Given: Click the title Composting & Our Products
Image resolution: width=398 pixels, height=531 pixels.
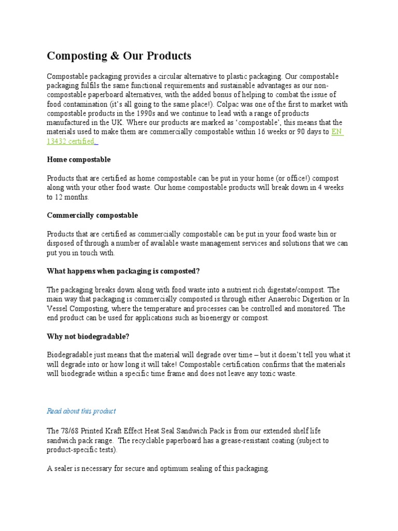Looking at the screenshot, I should point(119,56).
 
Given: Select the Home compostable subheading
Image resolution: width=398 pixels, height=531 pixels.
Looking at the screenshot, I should point(79,159).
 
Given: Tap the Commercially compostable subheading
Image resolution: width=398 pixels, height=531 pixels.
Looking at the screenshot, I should point(92,215).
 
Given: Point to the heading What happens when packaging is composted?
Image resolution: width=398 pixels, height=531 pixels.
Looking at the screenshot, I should point(123,271).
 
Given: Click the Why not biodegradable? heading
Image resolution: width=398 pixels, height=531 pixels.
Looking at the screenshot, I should point(88,337).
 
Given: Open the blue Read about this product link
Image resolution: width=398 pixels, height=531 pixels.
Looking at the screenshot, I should point(81,411).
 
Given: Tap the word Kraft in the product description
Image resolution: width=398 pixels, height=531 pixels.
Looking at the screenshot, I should point(117,431).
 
